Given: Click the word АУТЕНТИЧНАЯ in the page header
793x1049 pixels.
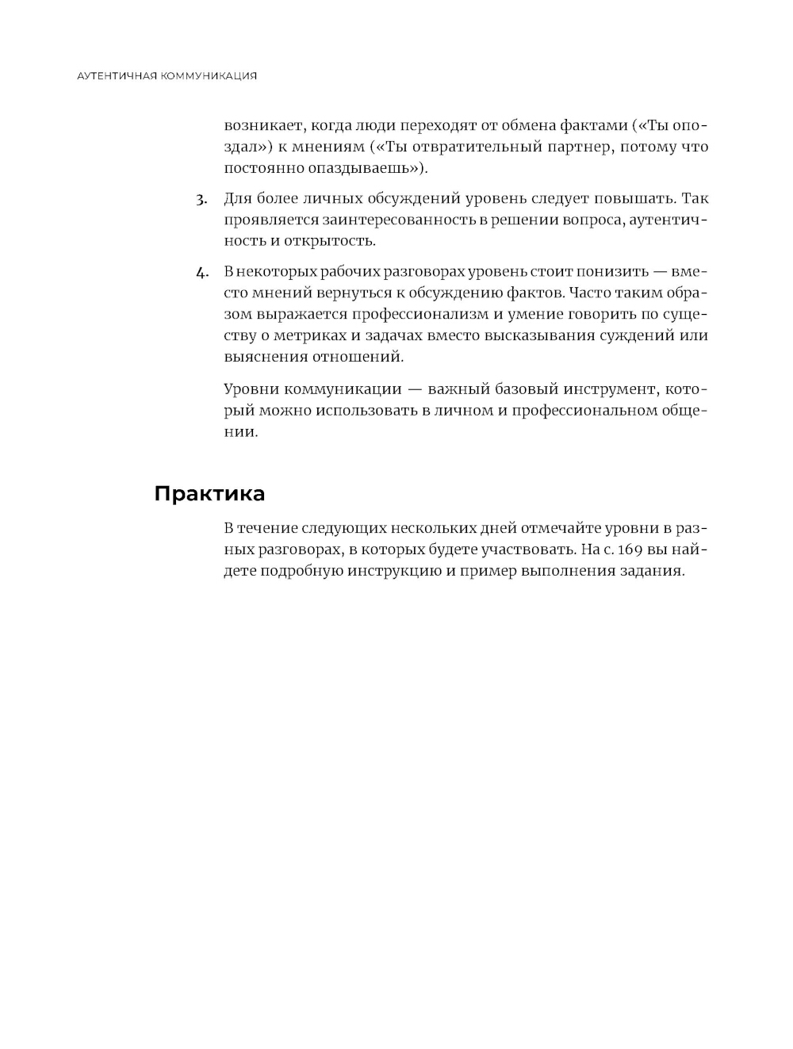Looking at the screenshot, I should click(x=117, y=76).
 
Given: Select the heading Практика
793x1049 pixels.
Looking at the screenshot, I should click(x=209, y=494).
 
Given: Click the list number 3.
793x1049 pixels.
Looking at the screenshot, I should click(x=201, y=199).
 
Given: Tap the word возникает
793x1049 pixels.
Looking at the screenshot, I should click(x=262, y=125).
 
